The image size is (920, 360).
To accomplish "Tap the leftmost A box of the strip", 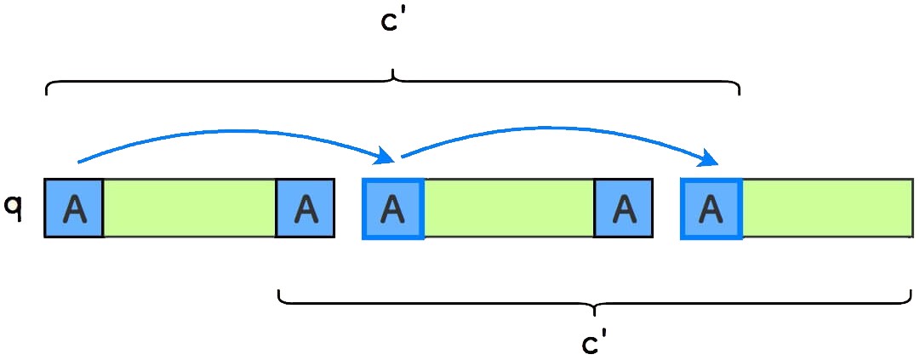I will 74,208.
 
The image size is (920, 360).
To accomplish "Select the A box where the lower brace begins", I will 305,208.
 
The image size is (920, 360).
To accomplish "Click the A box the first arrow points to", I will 392,209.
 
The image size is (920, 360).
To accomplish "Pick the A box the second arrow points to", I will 711,209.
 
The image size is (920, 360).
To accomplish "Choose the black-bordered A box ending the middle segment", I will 624,208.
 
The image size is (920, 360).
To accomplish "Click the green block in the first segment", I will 190,208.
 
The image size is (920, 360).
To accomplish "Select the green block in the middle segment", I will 508,208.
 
